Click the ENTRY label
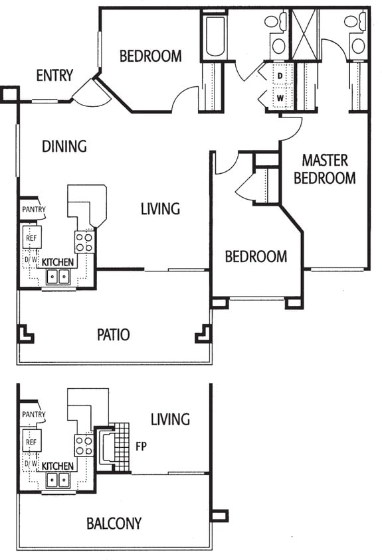[54, 76]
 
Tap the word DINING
[64, 146]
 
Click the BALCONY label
[114, 524]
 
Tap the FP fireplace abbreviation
[142, 446]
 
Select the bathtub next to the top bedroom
[214, 36]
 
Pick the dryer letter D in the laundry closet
[280, 76]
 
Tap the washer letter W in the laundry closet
[280, 98]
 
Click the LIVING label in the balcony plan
[169, 419]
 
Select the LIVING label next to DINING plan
[160, 209]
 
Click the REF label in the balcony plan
[31, 441]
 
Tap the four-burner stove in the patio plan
[84, 242]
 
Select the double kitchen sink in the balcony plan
[58, 480]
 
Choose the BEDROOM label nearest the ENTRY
[150, 56]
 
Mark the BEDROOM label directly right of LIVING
[256, 257]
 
